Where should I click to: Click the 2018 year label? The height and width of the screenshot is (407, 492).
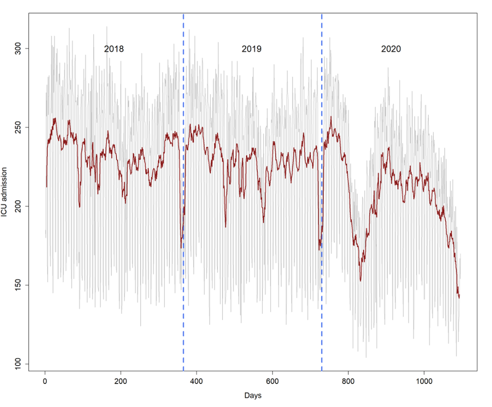(114, 49)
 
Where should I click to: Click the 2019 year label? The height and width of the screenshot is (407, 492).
(252, 49)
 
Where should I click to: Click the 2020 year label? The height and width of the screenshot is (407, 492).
(391, 49)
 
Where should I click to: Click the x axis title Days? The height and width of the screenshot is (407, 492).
(253, 396)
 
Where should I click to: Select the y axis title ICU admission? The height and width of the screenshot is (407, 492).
(6, 193)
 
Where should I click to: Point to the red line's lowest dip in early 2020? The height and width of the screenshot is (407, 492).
(360, 281)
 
